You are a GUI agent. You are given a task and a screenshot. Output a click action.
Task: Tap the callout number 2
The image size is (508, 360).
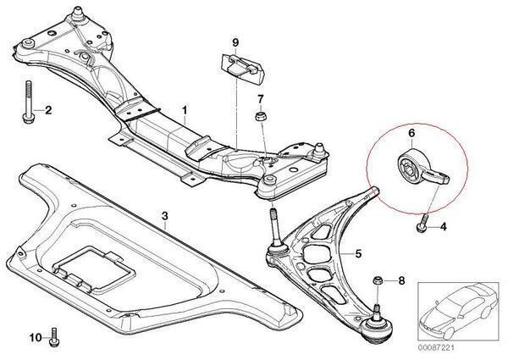tap(47, 110)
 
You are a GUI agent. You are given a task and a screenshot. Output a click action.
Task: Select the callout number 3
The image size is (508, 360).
tap(165, 219)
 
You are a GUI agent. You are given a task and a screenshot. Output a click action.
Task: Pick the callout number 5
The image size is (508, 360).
tap(358, 252)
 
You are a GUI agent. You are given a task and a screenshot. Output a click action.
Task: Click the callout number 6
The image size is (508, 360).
tap(411, 133)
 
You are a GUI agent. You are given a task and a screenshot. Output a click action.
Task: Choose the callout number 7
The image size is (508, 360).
tap(261, 98)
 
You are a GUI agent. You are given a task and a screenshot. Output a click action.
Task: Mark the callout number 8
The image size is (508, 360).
tap(401, 281)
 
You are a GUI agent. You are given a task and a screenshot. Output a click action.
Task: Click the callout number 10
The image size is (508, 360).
tap(35, 338)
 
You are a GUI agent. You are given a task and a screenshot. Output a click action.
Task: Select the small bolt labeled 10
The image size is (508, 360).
tap(55, 336)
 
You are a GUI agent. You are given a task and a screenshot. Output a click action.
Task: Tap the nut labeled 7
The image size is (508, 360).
tap(261, 115)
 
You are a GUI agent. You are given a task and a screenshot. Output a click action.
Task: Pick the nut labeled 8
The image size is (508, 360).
tap(378, 280)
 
